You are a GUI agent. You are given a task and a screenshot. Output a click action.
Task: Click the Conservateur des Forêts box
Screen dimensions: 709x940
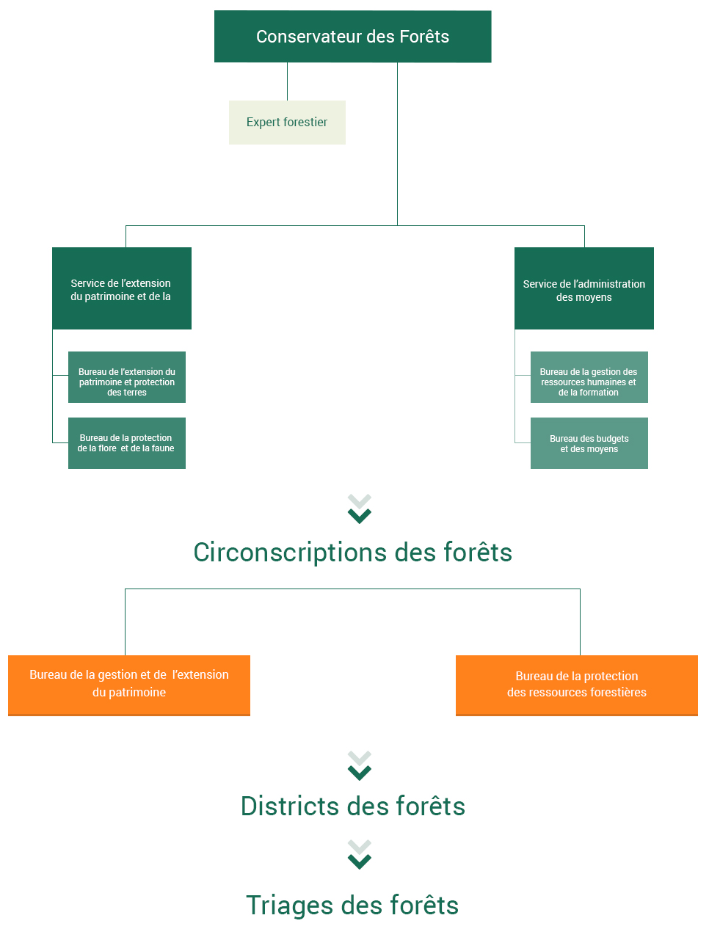[x=352, y=37]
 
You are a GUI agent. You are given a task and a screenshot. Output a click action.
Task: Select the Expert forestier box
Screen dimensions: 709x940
[x=287, y=122]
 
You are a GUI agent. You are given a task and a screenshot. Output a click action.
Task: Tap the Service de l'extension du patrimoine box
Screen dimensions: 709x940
[x=122, y=288]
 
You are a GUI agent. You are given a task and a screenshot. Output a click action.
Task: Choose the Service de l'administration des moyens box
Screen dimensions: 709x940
[x=583, y=288]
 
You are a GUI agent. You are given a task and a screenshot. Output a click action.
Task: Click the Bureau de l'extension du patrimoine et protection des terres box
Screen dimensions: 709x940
[x=127, y=377]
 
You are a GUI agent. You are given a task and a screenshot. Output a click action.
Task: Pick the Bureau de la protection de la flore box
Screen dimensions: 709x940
[x=127, y=442]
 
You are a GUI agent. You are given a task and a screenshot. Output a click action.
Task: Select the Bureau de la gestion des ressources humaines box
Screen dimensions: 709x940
[x=589, y=377]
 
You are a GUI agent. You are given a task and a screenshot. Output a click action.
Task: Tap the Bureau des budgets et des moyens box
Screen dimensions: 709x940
[x=589, y=442]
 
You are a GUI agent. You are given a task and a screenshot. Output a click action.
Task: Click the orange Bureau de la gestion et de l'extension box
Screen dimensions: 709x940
[x=129, y=685]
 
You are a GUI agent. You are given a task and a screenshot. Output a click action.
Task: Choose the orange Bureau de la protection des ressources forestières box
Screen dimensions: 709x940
[x=576, y=685]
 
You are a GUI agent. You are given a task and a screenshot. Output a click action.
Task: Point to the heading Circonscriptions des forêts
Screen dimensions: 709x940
[x=352, y=552]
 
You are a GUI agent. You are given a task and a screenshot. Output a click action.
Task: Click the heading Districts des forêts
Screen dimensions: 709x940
[x=352, y=806]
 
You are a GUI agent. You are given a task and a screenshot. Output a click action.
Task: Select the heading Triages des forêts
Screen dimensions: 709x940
[x=352, y=905]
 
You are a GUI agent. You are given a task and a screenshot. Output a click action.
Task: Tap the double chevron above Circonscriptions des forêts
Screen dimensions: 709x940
[x=359, y=509]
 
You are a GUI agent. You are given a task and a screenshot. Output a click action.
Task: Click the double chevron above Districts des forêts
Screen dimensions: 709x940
[x=359, y=765]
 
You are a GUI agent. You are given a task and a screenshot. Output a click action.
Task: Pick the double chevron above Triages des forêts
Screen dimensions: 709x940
[x=359, y=854]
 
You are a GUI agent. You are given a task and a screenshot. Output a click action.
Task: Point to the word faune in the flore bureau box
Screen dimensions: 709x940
[x=163, y=448]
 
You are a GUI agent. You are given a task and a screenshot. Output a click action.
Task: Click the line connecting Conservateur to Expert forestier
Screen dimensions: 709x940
[x=287, y=81]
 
